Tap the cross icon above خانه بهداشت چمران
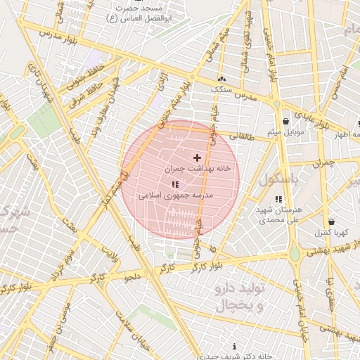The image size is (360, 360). [x=196, y=157]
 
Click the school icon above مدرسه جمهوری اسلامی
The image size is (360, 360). [x=174, y=184]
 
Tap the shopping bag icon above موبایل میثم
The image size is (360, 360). [x=285, y=121]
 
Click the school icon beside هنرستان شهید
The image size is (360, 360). [x=279, y=200]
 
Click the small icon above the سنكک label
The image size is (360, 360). [x=223, y=79]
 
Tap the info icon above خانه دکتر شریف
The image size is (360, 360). [x=234, y=347]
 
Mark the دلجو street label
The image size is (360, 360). [x=132, y=277]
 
